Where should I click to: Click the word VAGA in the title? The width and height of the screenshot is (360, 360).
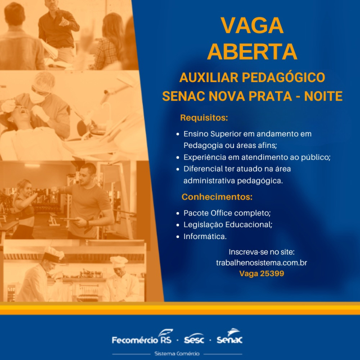click(x=252, y=25)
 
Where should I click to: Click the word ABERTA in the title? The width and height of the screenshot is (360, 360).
click(x=252, y=51)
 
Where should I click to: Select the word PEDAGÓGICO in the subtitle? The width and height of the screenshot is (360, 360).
click(x=283, y=77)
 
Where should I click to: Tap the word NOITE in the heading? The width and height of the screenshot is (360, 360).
click(x=323, y=96)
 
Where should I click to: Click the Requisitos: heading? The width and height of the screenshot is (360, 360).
click(x=204, y=118)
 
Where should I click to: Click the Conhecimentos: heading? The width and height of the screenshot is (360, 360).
click(x=217, y=197)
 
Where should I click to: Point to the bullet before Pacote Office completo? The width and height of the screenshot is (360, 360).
click(x=178, y=213)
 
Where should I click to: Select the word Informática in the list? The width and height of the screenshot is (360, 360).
click(x=205, y=236)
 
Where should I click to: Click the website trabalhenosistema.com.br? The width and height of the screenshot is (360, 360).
click(x=262, y=263)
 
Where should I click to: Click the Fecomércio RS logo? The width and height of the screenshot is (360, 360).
click(x=142, y=337)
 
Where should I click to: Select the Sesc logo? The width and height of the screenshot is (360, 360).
click(x=194, y=339)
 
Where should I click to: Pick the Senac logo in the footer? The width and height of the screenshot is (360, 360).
click(x=229, y=336)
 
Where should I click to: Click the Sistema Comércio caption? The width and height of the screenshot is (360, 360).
click(x=177, y=353)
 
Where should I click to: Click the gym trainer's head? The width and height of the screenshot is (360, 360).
click(x=88, y=172)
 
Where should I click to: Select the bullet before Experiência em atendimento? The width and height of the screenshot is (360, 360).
click(x=178, y=157)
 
